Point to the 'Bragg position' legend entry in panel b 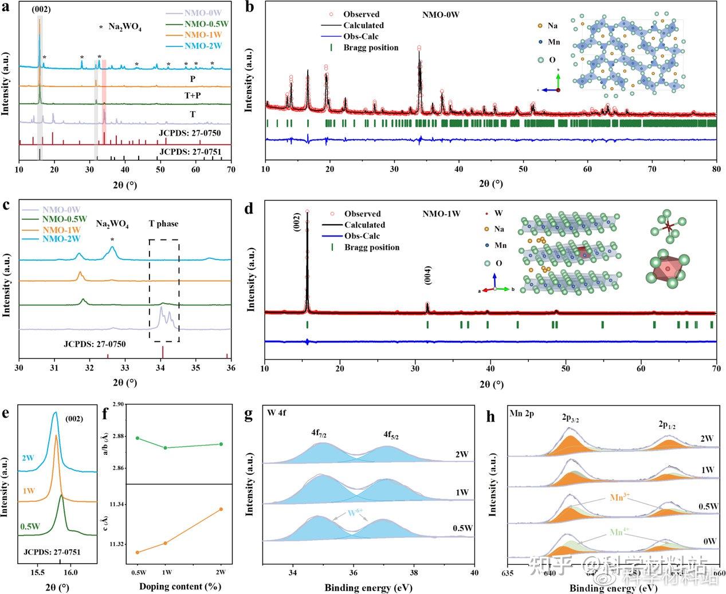point(371,48)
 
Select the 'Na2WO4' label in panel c point(112,225)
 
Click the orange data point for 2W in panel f point(221,509)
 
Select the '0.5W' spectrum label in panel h point(709,507)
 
